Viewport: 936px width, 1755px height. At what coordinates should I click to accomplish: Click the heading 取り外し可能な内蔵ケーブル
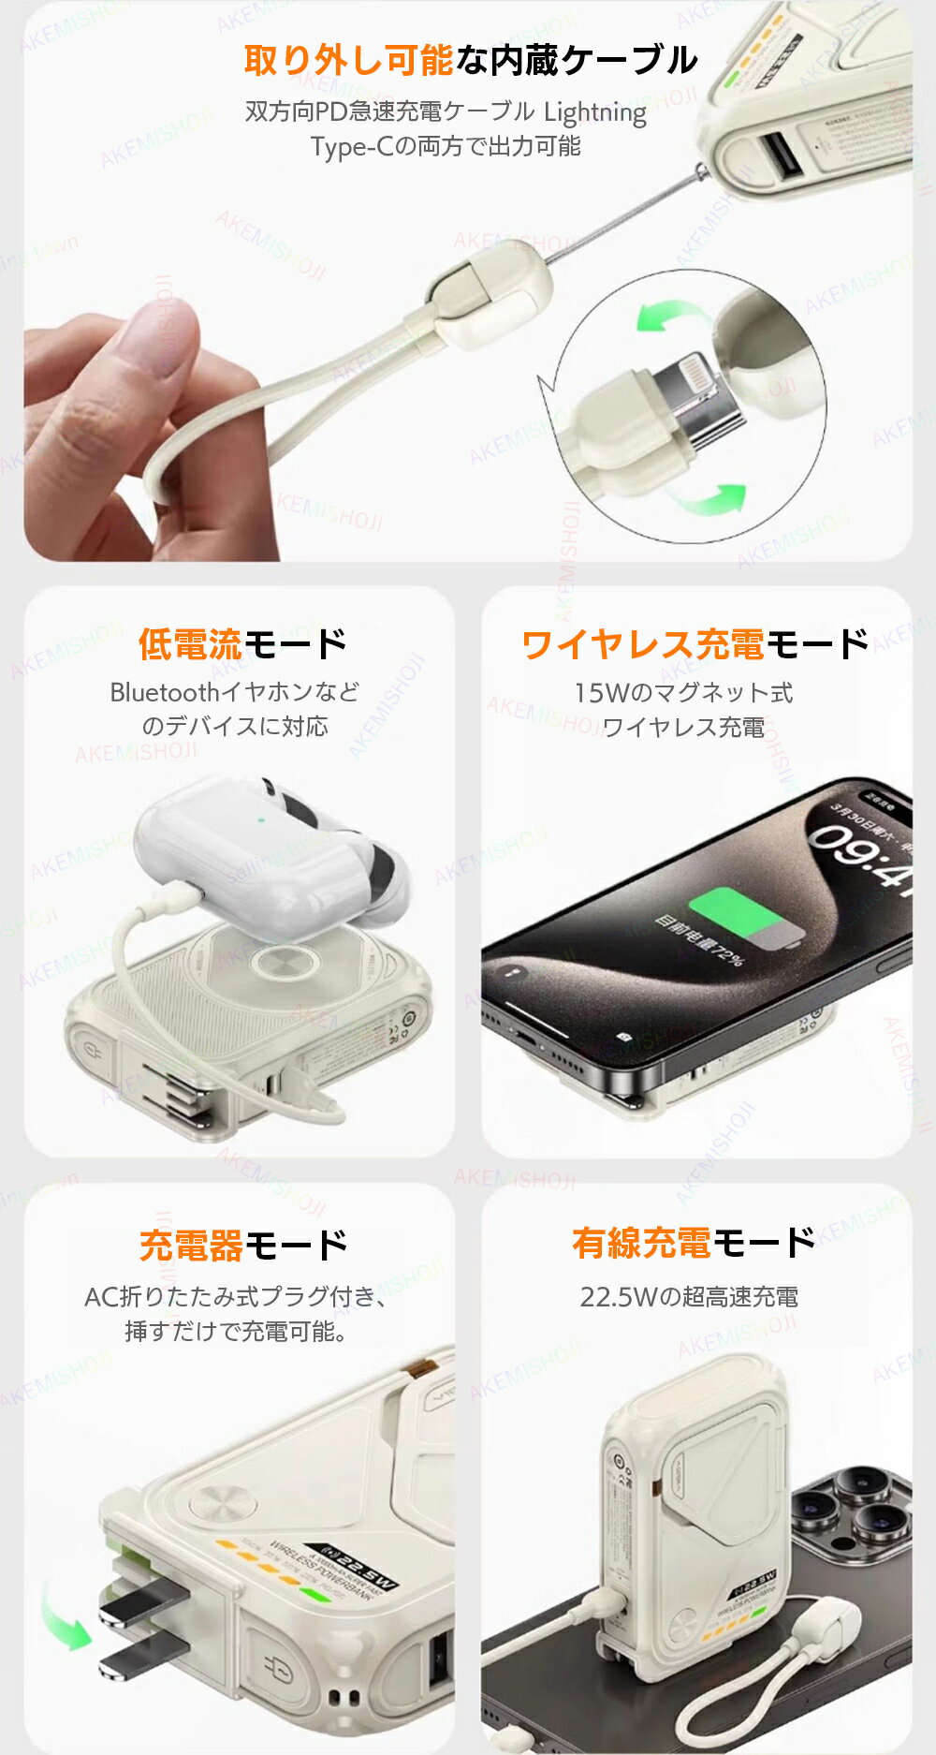tap(470, 61)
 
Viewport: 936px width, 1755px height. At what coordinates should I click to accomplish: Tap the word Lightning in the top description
tap(595, 112)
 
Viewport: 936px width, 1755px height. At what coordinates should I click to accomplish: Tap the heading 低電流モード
tap(241, 644)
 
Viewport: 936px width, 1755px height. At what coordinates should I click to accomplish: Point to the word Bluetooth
tap(165, 692)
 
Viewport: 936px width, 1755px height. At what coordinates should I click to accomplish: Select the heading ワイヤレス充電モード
tap(695, 644)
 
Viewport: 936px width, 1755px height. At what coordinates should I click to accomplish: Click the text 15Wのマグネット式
tap(683, 693)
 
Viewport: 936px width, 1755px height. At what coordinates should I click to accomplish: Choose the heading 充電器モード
tap(241, 1246)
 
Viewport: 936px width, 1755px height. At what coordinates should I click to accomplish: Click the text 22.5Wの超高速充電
tap(689, 1297)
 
